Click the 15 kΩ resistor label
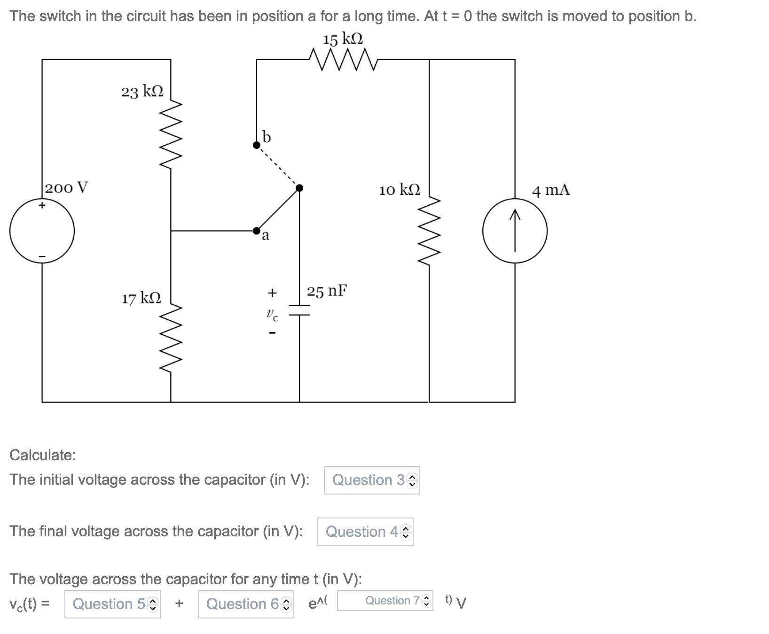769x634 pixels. click(x=343, y=39)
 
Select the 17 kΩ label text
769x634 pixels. click(x=141, y=298)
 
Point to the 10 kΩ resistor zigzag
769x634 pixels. click(x=429, y=230)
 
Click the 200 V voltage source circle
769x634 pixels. click(x=42, y=231)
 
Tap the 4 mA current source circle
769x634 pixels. click(x=515, y=231)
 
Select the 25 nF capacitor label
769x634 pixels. click(x=327, y=291)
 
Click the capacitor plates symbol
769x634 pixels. click(x=299, y=310)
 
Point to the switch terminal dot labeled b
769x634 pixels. click(x=257, y=145)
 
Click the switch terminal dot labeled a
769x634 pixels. click(x=257, y=231)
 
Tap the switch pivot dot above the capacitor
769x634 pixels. click(x=299, y=188)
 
